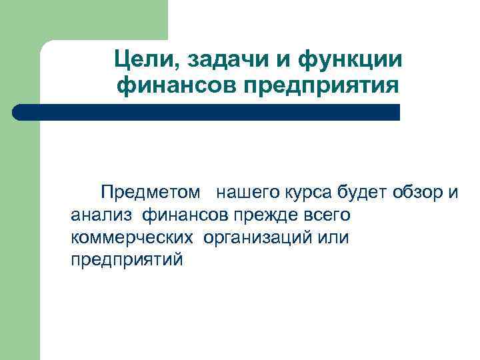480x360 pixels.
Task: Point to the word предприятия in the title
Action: pos(320,87)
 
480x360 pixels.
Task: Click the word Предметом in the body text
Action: pos(150,193)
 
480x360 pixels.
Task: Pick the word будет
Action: pos(363,193)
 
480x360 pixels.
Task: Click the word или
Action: pos(333,237)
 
